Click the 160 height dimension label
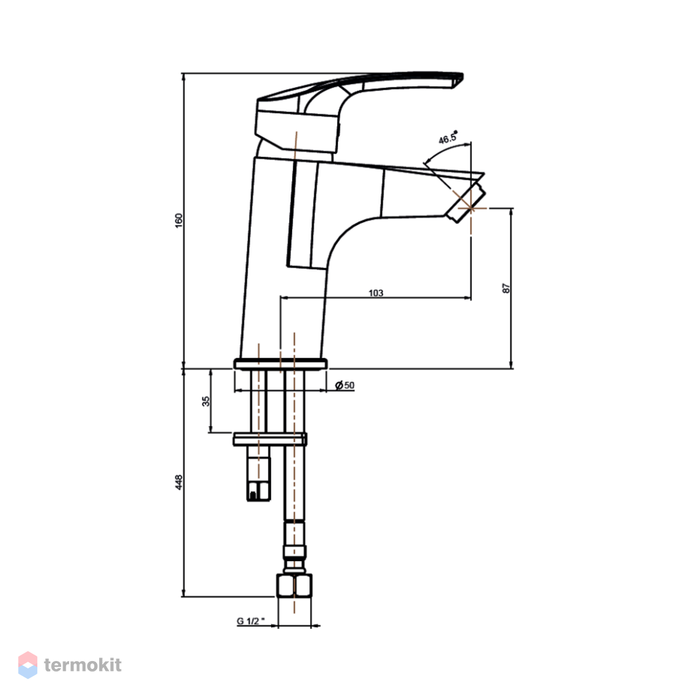coord(178,221)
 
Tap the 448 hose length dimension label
coord(178,482)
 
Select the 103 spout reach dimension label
coord(375,293)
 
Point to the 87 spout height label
coord(506,288)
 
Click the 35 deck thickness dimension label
coord(206,401)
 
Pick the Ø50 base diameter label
coord(345,385)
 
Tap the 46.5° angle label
coord(447,138)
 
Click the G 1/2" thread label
coord(250,621)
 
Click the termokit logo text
coord(83,665)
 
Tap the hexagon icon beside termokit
coord(27,665)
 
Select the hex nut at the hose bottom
coord(294,586)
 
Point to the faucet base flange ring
coord(281,364)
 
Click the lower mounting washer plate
coord(270,439)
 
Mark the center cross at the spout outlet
coord(471,208)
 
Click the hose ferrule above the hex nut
coord(295,552)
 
